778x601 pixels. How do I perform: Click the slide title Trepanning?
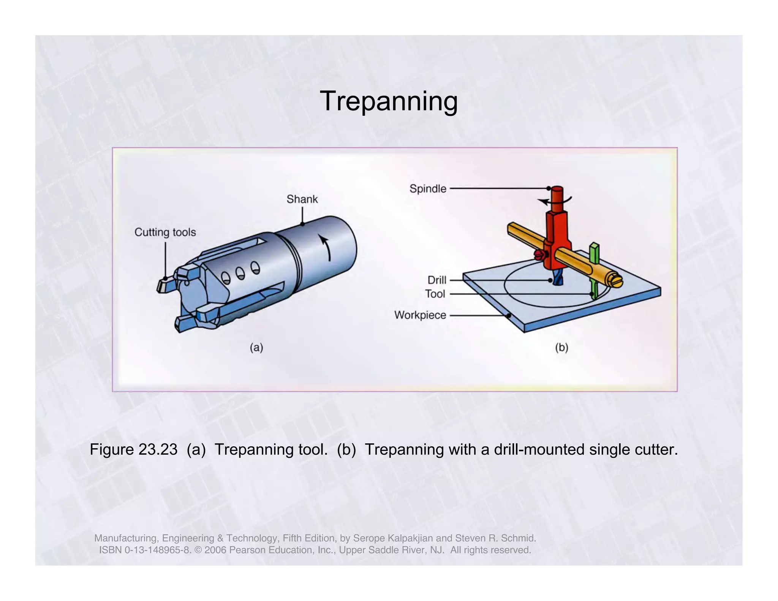(389, 101)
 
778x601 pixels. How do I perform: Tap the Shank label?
(302, 199)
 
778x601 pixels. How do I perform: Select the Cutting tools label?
(165, 232)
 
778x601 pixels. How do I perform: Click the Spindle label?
(428, 188)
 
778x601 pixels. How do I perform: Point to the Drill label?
(436, 280)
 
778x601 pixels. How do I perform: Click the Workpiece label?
(420, 315)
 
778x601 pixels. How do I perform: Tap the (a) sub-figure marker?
(256, 347)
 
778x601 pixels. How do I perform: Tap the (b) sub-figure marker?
(561, 347)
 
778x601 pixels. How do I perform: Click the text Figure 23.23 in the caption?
(133, 449)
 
